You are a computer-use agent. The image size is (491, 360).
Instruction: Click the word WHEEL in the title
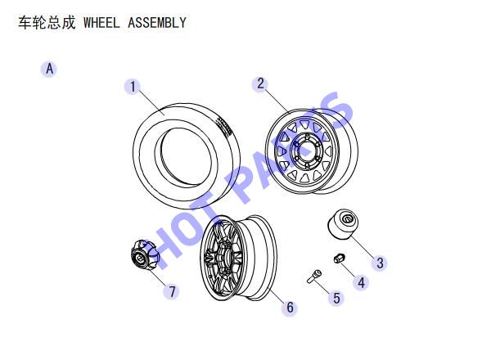[x=101, y=23]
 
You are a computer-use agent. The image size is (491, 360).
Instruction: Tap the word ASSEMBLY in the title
[x=157, y=23]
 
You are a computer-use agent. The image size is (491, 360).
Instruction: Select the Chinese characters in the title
[x=47, y=23]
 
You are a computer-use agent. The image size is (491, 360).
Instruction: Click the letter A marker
[x=49, y=69]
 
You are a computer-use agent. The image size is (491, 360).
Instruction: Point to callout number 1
[x=133, y=87]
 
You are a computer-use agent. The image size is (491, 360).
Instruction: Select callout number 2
[x=260, y=83]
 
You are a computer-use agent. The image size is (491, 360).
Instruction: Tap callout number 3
[x=380, y=263]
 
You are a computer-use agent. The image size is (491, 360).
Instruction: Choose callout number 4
[x=361, y=282]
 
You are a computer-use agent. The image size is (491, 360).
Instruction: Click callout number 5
[x=336, y=298]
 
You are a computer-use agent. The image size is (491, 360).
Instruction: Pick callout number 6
[x=290, y=308]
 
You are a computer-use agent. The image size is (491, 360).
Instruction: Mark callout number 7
[x=172, y=292]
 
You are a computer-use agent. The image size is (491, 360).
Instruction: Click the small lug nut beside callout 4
[x=339, y=258]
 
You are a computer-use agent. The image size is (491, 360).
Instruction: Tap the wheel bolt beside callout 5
[x=314, y=277]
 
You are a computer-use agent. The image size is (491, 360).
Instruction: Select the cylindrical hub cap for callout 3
[x=342, y=224]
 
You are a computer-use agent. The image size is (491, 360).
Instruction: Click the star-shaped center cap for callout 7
[x=145, y=255]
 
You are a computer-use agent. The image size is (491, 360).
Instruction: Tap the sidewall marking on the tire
[x=223, y=126]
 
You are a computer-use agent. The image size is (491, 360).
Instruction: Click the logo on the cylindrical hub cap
[x=347, y=218]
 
